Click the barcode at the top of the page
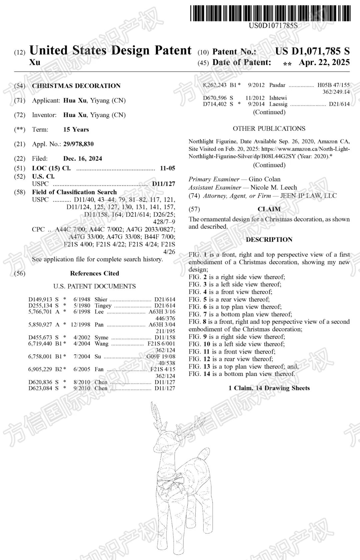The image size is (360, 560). point(270,13)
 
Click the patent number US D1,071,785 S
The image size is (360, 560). point(312,51)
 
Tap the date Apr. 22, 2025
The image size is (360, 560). point(324,62)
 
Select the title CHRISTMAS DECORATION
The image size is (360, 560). point(76,86)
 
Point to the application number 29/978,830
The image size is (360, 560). point(78,144)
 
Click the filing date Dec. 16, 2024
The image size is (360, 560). point(83,159)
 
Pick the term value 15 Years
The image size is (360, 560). point(76,129)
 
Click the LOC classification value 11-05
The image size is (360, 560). point(167,168)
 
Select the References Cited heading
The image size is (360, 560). point(94,273)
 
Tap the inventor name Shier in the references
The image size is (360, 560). point(101,299)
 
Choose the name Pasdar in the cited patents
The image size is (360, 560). point(277,85)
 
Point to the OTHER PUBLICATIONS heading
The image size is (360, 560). point(269,129)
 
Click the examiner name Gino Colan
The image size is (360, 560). point(265,179)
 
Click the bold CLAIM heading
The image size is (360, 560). point(269,209)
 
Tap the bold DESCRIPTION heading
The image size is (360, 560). point(269,240)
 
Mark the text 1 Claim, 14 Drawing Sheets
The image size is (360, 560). point(269,388)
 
